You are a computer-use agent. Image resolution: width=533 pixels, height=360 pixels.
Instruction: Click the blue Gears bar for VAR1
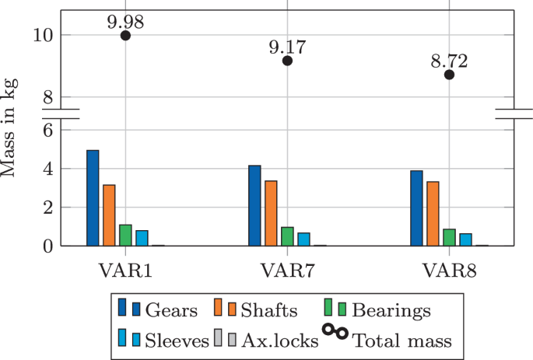93,198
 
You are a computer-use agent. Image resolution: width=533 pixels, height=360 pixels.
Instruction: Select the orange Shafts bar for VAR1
109,215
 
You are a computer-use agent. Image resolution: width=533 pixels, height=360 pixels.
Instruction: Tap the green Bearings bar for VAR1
125,235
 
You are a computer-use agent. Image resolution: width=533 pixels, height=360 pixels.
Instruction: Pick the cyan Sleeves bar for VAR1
142,238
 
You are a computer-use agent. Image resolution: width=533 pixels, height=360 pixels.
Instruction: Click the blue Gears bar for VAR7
254,205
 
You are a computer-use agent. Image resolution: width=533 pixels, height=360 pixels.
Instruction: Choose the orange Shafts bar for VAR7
271,213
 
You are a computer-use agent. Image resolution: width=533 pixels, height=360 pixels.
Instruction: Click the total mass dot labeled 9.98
125,36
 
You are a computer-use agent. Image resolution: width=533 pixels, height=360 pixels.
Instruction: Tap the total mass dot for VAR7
287,61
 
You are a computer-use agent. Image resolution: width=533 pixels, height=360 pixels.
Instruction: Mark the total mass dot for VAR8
449,75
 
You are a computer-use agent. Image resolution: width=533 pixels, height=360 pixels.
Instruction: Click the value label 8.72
449,60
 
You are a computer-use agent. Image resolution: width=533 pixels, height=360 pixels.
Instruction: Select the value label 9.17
287,46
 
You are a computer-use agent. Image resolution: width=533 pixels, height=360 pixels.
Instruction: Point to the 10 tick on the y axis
44,35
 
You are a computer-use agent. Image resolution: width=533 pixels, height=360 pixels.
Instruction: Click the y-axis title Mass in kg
10,128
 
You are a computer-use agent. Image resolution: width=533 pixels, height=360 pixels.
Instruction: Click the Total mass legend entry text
402,340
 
